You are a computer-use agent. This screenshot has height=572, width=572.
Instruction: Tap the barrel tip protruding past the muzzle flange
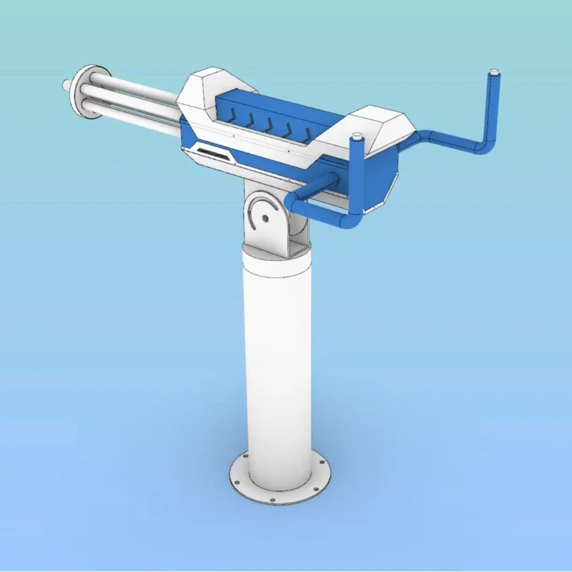[x=67, y=84]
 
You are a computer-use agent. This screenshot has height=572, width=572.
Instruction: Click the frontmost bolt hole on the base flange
[x=272, y=499]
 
